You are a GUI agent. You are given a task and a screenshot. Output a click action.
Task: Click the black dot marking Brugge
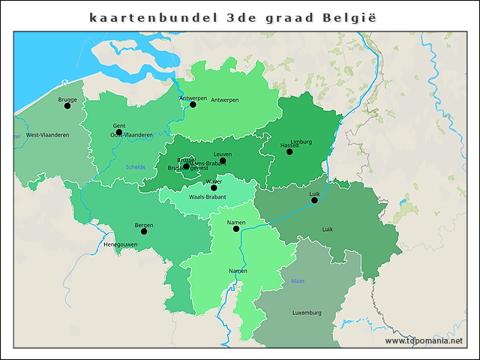point(67,106)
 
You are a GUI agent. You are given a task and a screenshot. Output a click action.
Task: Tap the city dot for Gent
point(118,132)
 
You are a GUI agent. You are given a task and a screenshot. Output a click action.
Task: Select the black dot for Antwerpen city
point(193,104)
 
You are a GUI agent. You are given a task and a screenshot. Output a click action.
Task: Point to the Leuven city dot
point(223,160)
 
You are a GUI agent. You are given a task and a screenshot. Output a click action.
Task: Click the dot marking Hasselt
point(289,151)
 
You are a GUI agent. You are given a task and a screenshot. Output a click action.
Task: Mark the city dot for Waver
point(214,187)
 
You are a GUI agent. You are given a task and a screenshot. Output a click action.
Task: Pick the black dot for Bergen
point(144,231)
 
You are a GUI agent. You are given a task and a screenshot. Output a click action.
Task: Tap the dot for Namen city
point(236,228)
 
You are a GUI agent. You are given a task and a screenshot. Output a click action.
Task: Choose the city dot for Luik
point(314,200)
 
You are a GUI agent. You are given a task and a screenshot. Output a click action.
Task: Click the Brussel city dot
point(186,166)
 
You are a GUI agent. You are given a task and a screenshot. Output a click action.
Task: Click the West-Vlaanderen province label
point(48,135)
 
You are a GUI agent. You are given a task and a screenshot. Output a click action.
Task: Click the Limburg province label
point(301,142)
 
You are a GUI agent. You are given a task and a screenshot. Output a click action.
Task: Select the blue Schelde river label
point(136,166)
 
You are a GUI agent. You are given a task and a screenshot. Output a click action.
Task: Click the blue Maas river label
point(298,281)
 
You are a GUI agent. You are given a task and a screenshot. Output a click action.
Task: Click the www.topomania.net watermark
point(424,340)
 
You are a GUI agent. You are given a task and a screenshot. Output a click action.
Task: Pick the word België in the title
point(346,16)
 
